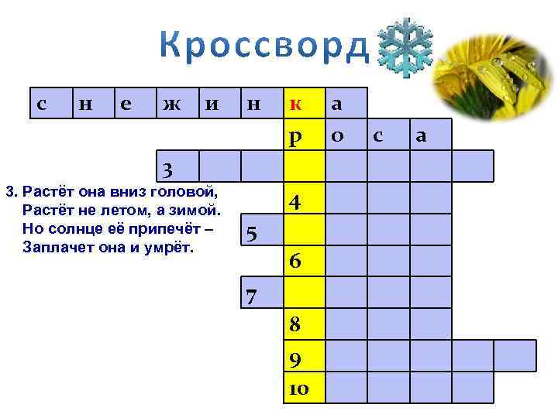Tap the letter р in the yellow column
tap(295, 136)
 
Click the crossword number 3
tap(167, 168)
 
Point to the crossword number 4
tap(295, 202)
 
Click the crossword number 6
tap(295, 262)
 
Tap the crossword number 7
tap(251, 295)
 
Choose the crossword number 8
tap(295, 326)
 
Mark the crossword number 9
tap(295, 359)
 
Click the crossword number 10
tap(298, 387)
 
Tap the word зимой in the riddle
tap(197, 210)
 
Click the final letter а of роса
tap(422, 136)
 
